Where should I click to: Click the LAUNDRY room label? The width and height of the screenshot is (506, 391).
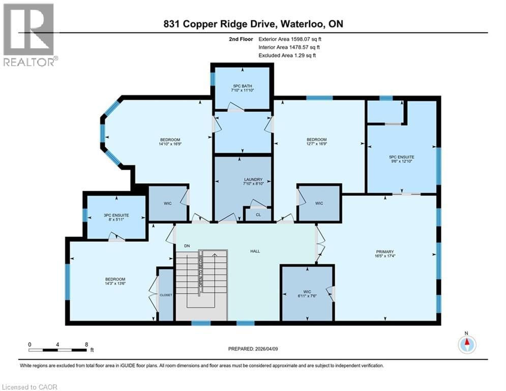pyautogui.click(x=253, y=179)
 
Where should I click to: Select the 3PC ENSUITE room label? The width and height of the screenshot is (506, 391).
pyautogui.click(x=116, y=215)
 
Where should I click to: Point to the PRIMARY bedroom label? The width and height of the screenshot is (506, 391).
pyautogui.click(x=385, y=251)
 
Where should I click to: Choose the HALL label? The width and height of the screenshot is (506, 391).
pyautogui.click(x=256, y=251)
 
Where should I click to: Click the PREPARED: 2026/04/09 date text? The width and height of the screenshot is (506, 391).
pyautogui.click(x=253, y=349)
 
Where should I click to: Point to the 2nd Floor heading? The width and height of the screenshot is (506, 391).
pyautogui.click(x=241, y=38)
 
